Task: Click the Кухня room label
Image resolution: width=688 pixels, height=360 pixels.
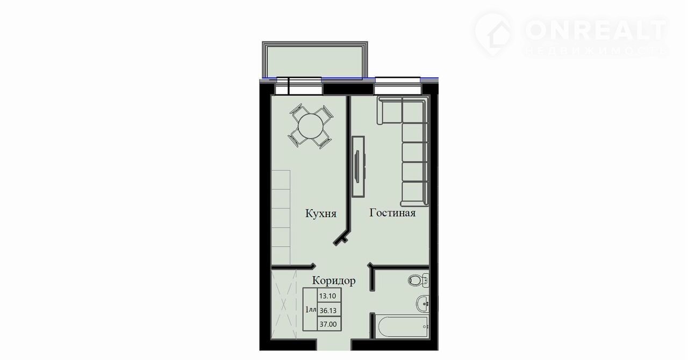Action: (x=321, y=213)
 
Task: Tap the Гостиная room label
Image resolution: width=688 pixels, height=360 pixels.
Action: (x=392, y=213)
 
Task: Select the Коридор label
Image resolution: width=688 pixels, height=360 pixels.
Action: (x=334, y=281)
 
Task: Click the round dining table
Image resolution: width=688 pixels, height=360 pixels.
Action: (x=311, y=126)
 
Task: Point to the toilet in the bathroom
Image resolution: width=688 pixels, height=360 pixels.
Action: (x=418, y=280)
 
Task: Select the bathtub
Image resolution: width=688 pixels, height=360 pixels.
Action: (x=402, y=327)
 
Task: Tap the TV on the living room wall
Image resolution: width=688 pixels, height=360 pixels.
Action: (x=358, y=166)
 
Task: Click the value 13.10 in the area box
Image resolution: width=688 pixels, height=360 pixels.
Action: (x=328, y=296)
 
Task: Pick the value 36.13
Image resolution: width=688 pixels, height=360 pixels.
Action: (x=328, y=311)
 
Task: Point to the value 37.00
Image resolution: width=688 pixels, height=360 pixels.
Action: (x=328, y=325)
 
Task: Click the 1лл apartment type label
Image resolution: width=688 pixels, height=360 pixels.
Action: (x=311, y=309)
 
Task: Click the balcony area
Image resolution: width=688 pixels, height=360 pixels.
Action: (x=314, y=61)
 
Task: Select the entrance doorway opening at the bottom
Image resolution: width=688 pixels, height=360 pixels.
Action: (x=334, y=345)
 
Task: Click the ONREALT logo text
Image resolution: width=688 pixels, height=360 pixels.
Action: (x=595, y=31)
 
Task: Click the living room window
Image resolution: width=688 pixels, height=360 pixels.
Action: (x=398, y=86)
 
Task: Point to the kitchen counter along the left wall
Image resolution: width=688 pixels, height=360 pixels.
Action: (x=281, y=217)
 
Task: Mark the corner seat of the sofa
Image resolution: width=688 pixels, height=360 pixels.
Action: (x=414, y=111)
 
